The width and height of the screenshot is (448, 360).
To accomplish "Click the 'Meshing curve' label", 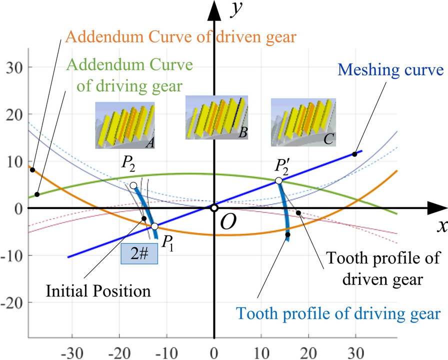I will pyautogui.click(x=397, y=69).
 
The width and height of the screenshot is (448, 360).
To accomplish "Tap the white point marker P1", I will pyautogui.click(x=154, y=226).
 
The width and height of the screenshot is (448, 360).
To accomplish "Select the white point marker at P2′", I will pyautogui.click(x=279, y=181).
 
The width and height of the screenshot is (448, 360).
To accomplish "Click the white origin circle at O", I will pyautogui.click(x=214, y=208).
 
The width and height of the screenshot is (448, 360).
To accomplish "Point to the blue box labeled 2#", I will pyautogui.click(x=139, y=254).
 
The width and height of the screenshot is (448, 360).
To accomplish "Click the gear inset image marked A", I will pyautogui.click(x=125, y=125).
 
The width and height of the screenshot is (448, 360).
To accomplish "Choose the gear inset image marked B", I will pyautogui.click(x=216, y=118).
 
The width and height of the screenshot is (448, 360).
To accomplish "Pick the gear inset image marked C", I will pyautogui.click(x=302, y=122).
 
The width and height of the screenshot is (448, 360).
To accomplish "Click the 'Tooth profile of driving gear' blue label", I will pyautogui.click(x=338, y=313).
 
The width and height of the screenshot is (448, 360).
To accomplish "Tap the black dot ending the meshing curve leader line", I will pyautogui.click(x=354, y=154).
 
